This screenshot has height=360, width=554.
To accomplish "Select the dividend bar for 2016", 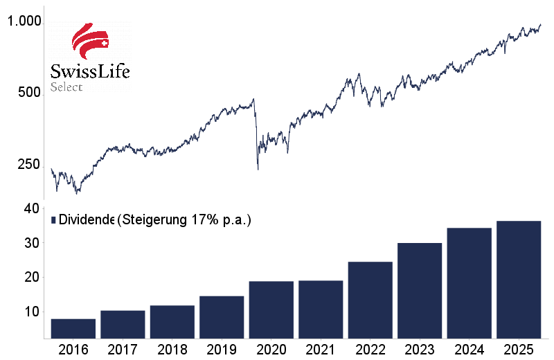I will (73, 329).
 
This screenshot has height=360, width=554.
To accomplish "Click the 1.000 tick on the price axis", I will (25, 22).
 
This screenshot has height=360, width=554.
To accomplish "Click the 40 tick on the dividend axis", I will (30, 209).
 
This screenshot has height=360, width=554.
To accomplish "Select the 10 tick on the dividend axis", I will (30, 312).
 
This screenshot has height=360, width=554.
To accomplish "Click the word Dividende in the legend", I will (87, 220).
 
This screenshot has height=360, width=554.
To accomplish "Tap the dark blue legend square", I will (53, 220).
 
